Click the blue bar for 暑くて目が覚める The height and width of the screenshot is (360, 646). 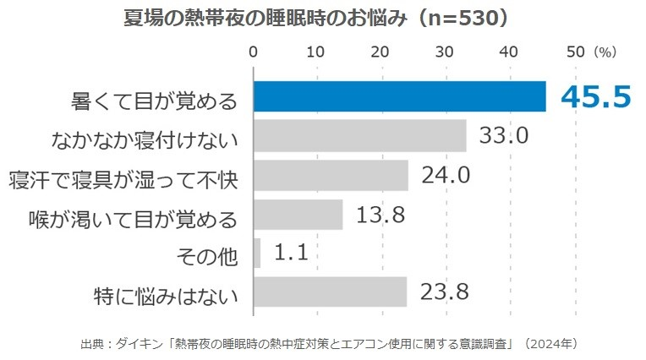[399, 96]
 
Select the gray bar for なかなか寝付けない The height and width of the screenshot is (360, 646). [359, 135]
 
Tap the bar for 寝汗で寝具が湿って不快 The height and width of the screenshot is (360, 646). [331, 175]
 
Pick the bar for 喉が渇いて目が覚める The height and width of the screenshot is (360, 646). [298, 215]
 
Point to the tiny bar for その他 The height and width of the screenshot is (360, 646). [257, 253]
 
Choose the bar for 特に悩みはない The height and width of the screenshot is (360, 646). [330, 292]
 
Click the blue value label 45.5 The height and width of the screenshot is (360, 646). [596, 96]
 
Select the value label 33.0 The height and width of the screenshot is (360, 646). [504, 135]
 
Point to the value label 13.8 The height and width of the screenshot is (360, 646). [380, 215]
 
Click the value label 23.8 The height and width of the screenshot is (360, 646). [444, 292]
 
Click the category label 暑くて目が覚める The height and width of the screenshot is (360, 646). [153, 101]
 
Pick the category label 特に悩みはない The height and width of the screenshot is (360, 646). [165, 295]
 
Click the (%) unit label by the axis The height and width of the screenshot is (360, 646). [605, 52]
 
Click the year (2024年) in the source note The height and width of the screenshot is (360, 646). [550, 344]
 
